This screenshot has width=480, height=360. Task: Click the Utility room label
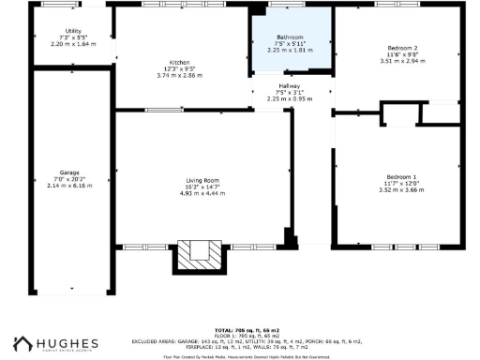(72, 31)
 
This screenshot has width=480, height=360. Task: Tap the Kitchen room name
(180, 61)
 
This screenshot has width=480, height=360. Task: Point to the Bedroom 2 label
(402, 47)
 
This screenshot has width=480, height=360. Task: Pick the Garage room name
(69, 172)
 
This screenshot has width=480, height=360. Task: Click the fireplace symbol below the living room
(201, 253)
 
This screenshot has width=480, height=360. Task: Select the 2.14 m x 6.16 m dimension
(69, 186)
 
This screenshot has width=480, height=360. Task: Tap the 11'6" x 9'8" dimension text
(402, 53)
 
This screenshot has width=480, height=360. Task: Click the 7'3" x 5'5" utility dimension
(72, 37)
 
